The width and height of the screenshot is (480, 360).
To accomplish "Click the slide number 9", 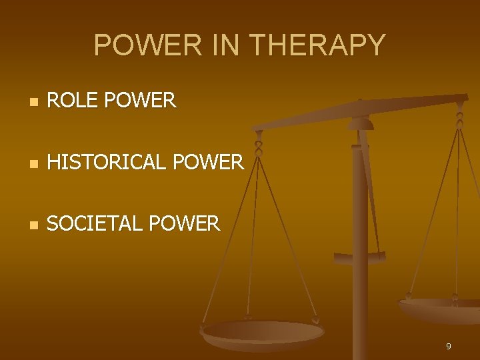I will tap(449, 347).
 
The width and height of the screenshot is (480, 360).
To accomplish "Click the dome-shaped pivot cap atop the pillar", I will tap(361, 123).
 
